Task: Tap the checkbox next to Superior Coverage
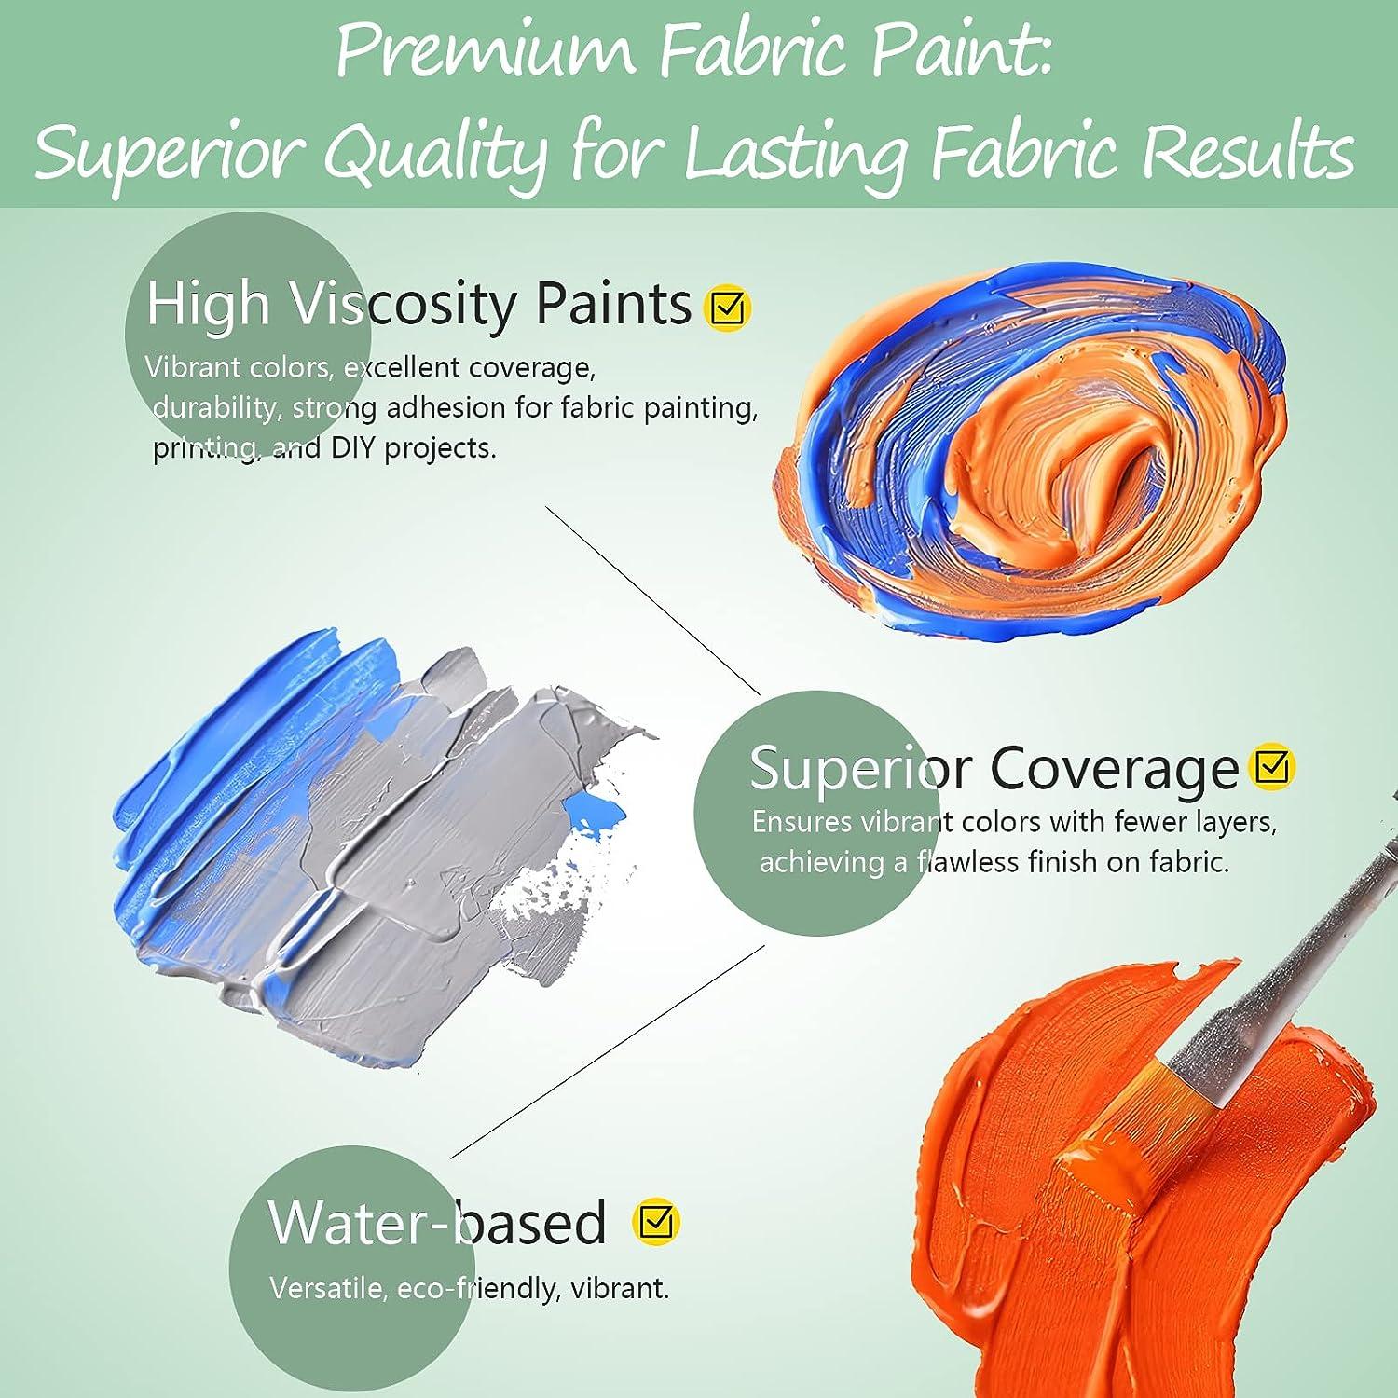[x=1273, y=768]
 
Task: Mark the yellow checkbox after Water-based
[x=656, y=1221]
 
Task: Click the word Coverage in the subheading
[x=1113, y=769]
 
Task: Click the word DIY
[x=353, y=448]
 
